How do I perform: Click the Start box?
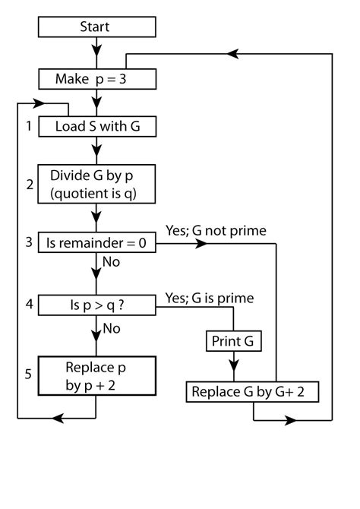point(96,27)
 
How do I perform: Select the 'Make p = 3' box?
point(96,78)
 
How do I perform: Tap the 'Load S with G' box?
point(96,127)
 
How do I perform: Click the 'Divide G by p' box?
point(96,185)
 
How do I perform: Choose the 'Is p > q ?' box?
point(96,306)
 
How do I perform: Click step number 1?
point(27,127)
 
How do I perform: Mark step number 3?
point(27,243)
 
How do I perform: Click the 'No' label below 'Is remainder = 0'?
point(112,263)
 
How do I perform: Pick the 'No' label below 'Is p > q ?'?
point(112,328)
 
